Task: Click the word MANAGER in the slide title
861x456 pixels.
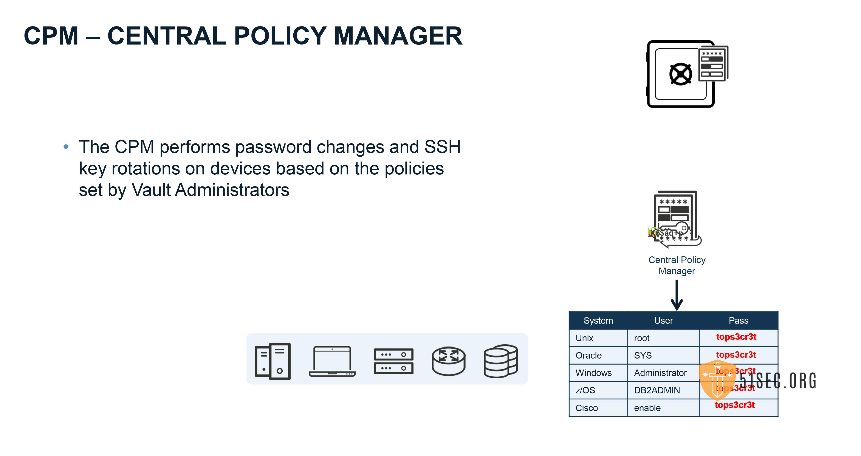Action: pyautogui.click(x=398, y=36)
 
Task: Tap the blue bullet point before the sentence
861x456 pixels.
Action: pyautogui.click(x=66, y=147)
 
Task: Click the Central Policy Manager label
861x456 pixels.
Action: pyautogui.click(x=677, y=265)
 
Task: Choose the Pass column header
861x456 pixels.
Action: pyautogui.click(x=738, y=321)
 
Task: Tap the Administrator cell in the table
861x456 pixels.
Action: pyautogui.click(x=660, y=373)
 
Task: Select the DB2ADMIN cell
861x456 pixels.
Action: pyautogui.click(x=657, y=390)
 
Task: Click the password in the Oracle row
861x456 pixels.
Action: pyautogui.click(x=736, y=355)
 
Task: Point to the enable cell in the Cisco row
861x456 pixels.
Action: pyautogui.click(x=647, y=408)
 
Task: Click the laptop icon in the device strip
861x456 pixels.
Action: pyautogui.click(x=332, y=361)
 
